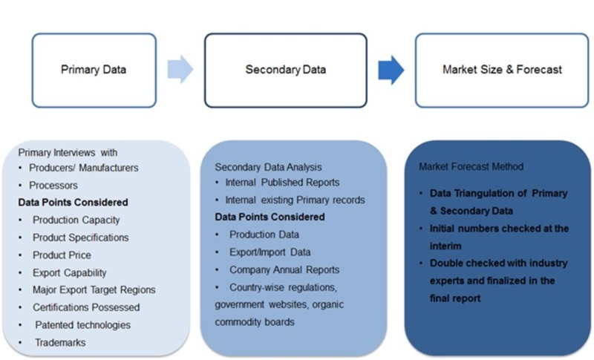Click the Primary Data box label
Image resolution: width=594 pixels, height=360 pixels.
click(94, 70)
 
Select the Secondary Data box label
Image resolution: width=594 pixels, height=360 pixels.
click(286, 70)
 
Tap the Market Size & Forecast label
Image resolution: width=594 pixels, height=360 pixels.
click(503, 70)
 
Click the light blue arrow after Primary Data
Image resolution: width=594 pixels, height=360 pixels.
click(180, 69)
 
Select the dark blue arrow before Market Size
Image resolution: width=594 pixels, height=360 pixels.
click(391, 70)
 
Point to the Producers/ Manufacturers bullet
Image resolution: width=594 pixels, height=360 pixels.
click(84, 168)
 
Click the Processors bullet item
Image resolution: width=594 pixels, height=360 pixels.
click(53, 185)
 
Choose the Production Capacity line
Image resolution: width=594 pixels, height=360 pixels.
click(76, 220)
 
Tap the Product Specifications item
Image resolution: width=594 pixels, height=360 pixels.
click(81, 238)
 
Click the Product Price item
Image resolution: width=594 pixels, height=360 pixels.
click(62, 255)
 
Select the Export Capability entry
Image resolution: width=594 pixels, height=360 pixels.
click(69, 272)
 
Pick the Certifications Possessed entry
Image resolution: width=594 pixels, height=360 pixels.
click(86, 307)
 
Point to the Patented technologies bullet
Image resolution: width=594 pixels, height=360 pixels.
click(82, 325)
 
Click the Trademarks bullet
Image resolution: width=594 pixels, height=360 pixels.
click(60, 343)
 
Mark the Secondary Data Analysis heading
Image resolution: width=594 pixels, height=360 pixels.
click(268, 167)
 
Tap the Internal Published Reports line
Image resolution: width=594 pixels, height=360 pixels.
click(282, 183)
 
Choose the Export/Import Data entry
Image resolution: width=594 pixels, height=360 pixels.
click(270, 252)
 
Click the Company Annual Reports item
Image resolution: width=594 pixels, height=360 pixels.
click(284, 269)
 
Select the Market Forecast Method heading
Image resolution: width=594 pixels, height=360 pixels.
click(471, 166)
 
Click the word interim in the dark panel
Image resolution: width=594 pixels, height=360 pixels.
click(446, 246)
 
